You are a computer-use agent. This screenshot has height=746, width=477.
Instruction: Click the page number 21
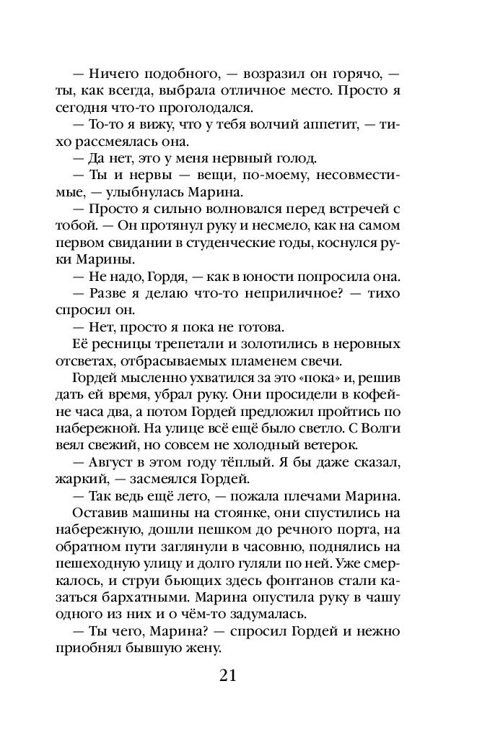(227, 676)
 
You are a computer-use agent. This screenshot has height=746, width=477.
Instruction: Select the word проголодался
(214, 109)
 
